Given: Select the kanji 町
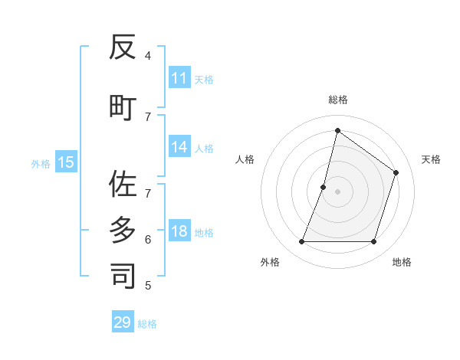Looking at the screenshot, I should (123, 106).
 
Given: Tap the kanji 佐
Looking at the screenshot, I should (123, 184).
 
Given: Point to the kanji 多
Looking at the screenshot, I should (123, 229).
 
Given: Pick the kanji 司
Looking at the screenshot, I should (123, 276).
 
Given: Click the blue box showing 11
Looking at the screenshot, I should (179, 78).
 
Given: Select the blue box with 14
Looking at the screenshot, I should (179, 147).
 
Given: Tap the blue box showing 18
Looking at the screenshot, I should (179, 231).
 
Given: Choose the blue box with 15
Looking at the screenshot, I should (66, 162).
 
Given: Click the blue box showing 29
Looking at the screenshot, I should (123, 322).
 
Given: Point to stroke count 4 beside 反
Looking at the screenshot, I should (148, 55).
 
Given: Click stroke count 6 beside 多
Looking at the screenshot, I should (148, 239).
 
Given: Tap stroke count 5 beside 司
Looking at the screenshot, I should (148, 286).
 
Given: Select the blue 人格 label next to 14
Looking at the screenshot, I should (204, 148).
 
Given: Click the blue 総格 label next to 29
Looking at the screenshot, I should (147, 323).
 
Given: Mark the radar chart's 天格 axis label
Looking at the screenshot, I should (431, 159).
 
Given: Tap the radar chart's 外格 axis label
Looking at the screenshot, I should (270, 262).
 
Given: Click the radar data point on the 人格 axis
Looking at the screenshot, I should (324, 187).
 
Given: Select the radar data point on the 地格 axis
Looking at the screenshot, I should (373, 242).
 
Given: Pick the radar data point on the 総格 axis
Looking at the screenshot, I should (337, 130).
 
